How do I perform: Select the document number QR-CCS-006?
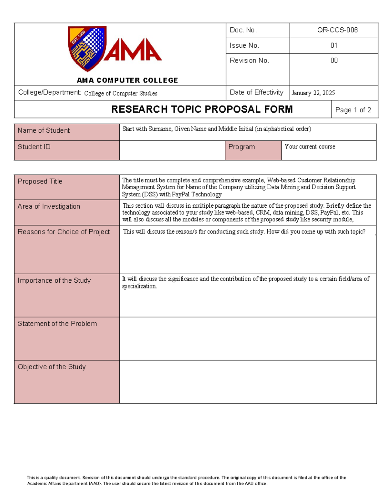click(337, 30)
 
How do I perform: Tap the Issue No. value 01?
click(334, 45)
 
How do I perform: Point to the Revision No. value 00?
click(334, 61)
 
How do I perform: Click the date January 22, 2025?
click(313, 93)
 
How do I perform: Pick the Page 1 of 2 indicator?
click(353, 110)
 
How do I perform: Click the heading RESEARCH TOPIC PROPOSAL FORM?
click(202, 109)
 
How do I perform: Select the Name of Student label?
click(44, 130)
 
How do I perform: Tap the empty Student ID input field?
click(172, 150)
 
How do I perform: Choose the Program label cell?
click(242, 147)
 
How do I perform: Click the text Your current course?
click(310, 147)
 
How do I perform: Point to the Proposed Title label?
click(40, 181)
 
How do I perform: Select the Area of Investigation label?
click(49, 206)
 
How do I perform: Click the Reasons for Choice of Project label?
click(64, 232)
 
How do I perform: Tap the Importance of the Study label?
click(54, 280)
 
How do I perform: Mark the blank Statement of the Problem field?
click(247, 338)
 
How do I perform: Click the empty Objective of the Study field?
click(247, 382)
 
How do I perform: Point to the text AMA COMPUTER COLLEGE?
click(127, 80)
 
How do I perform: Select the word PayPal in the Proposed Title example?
click(181, 194)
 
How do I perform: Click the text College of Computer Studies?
click(121, 93)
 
